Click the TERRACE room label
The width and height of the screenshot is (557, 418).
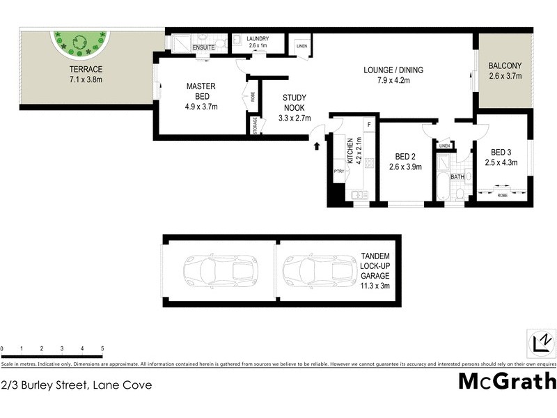click(85, 70)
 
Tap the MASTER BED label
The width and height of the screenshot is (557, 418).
click(201, 86)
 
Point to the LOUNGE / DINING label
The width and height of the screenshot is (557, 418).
click(393, 70)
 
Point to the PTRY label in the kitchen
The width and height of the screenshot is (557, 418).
click(339, 170)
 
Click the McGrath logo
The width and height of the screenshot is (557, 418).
click(507, 381)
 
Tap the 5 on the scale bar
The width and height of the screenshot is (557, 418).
click(102, 348)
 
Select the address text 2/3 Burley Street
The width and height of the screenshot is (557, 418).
click(77, 385)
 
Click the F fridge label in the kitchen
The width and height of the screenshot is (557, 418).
click(368, 125)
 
